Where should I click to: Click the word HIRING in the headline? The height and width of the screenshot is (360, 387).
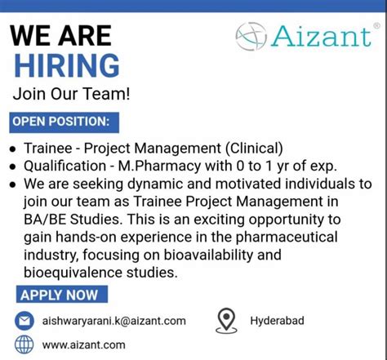point(66,65)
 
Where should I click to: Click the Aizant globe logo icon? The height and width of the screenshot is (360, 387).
point(251,36)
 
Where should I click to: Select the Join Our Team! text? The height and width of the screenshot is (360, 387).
point(71,94)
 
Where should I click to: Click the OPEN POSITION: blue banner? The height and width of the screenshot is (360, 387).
point(60,122)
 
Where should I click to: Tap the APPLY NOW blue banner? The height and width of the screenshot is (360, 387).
point(59,295)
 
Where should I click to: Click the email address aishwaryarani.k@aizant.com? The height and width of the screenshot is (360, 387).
point(113,321)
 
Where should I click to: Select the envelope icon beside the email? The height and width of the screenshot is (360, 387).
point(25,321)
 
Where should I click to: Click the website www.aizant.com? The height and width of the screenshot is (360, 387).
point(83,344)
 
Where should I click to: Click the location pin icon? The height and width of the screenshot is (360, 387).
point(225,320)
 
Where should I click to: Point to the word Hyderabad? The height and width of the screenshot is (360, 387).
point(277,321)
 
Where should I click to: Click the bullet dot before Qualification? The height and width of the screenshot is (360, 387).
point(12,166)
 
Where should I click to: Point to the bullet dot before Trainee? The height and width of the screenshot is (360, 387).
point(12,149)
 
